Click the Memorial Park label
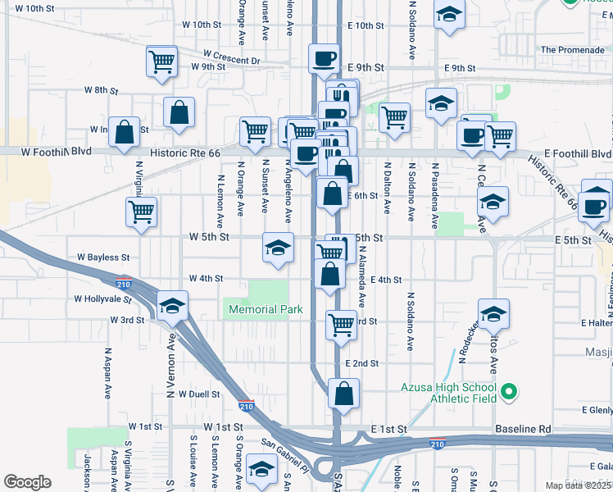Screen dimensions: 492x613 [x=266, y=309]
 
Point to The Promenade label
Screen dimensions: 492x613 [x=573, y=50]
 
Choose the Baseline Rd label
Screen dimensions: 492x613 [x=522, y=429]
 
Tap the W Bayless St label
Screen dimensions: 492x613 [x=102, y=257]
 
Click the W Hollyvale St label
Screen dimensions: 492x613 [x=102, y=299]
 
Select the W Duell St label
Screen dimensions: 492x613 [x=193, y=394]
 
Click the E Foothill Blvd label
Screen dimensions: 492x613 [x=578, y=154]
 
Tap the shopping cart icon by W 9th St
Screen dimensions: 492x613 [x=162, y=61]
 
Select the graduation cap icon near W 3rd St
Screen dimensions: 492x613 [x=172, y=307]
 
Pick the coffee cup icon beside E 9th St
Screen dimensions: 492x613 [x=324, y=57]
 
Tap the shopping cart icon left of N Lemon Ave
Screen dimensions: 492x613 [x=142, y=212]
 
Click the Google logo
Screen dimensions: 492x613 [x=27, y=482]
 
